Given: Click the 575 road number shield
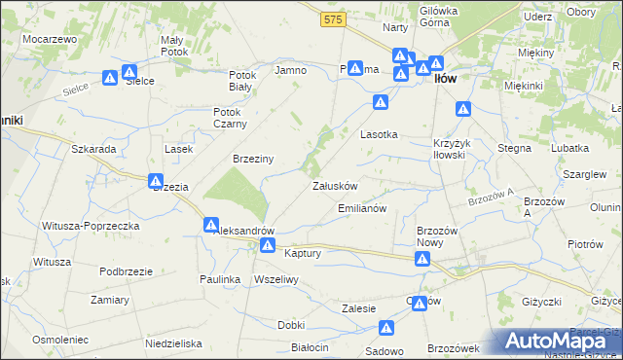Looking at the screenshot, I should pyautogui.click(x=334, y=18).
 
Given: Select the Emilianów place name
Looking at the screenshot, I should pyautogui.click(x=362, y=208).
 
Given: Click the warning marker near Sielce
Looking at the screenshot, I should pyautogui.click(x=112, y=76).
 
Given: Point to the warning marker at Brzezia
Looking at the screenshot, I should pyautogui.click(x=155, y=181).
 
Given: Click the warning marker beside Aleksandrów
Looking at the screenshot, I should pyautogui.click(x=211, y=225).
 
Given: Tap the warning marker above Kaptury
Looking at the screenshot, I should pyautogui.click(x=266, y=244).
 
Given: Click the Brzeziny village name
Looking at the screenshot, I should pyautogui.click(x=252, y=159).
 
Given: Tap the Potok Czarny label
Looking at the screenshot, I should pyautogui.click(x=231, y=117).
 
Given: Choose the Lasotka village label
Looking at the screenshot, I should pyautogui.click(x=380, y=134).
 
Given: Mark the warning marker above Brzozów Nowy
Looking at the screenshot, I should pyautogui.click(x=422, y=259).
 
